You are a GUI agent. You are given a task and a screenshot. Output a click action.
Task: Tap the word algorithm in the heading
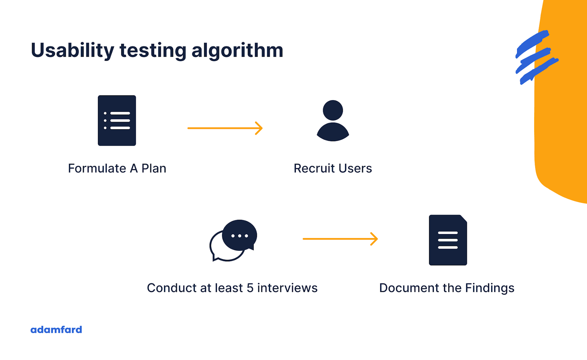[x=237, y=50]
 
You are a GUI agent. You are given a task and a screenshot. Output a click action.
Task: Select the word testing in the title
[x=153, y=50]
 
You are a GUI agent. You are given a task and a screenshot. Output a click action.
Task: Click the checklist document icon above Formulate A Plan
[x=117, y=120]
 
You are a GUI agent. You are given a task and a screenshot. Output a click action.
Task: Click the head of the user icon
[x=333, y=110]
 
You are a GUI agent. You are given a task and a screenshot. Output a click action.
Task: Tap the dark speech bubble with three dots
[x=239, y=235]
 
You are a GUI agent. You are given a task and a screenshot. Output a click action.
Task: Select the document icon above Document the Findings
[x=448, y=240]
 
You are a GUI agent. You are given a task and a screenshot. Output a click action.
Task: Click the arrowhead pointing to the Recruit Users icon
[x=259, y=128]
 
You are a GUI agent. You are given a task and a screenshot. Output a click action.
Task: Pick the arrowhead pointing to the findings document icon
[x=374, y=239]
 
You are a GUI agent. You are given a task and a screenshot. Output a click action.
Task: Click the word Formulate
[x=97, y=169]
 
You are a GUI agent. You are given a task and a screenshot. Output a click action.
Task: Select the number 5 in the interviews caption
[x=250, y=288]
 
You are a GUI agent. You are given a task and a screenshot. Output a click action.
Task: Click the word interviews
[x=287, y=288]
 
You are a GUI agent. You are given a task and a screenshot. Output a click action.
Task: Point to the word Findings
[x=489, y=288]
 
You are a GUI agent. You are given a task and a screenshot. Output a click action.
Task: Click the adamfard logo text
[x=56, y=330]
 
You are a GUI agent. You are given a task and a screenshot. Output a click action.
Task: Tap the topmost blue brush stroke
[x=532, y=43]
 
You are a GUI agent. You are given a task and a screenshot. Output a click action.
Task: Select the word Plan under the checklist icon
[x=154, y=169]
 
